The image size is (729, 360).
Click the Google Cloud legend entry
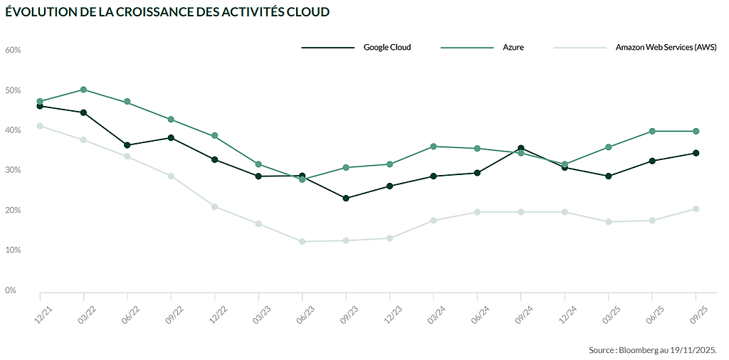click(x=387, y=48)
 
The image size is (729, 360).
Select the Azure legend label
click(x=513, y=48)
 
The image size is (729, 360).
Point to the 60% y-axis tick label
click(x=14, y=51)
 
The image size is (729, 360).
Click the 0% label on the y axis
click(x=11, y=290)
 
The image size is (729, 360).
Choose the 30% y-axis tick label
click(x=14, y=171)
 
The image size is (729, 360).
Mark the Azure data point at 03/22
click(x=84, y=90)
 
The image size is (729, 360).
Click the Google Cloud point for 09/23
click(x=346, y=198)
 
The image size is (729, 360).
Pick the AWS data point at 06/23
click(x=303, y=241)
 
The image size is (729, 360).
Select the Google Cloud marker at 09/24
click(x=521, y=148)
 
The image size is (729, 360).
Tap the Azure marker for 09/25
click(x=696, y=131)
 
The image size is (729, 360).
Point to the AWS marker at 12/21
click(x=41, y=126)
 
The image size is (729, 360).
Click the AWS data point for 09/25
click(x=696, y=208)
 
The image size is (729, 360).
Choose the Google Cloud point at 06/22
click(x=127, y=145)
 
